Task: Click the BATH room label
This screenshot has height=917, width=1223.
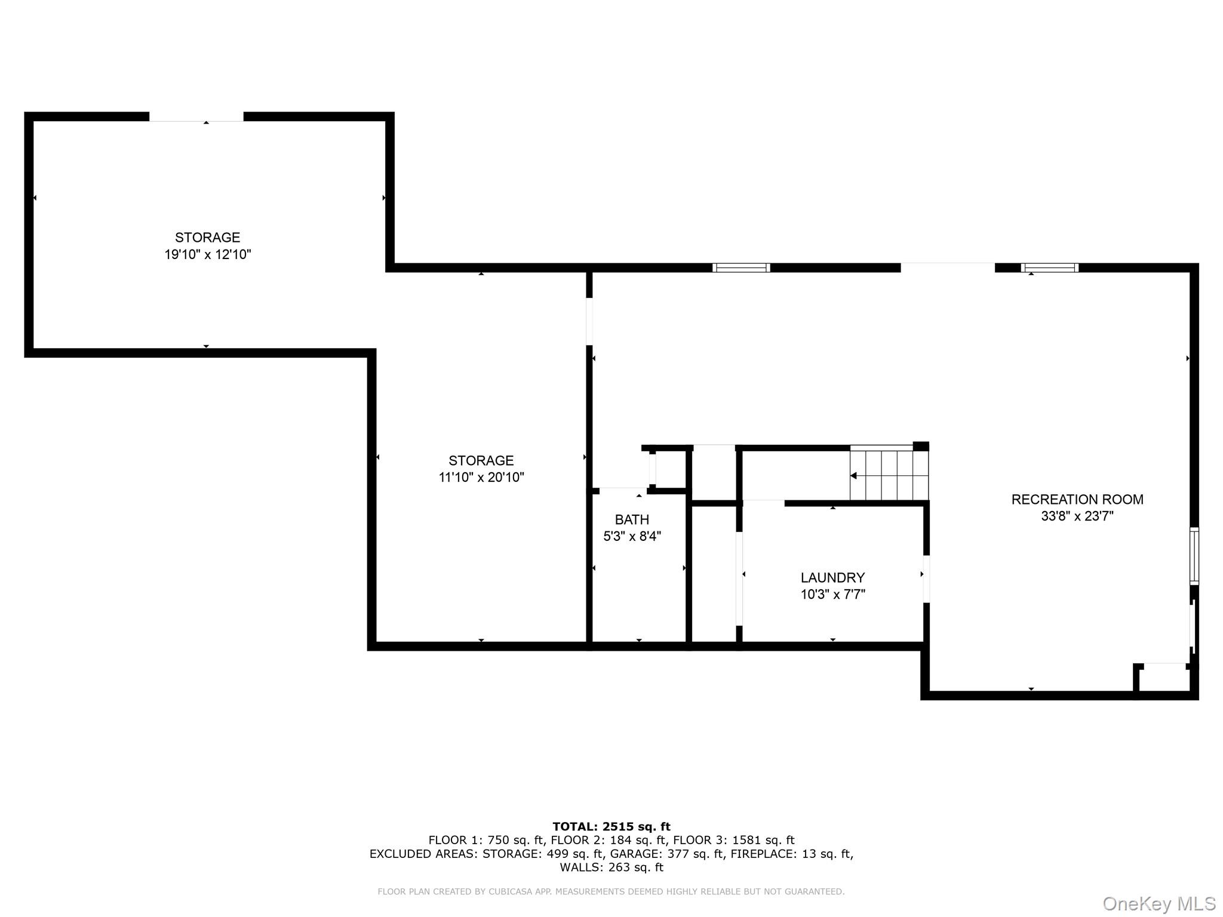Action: pos(632,519)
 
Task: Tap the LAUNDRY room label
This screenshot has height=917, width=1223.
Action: pos(832,577)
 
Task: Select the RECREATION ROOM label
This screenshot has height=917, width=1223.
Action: pos(1077,499)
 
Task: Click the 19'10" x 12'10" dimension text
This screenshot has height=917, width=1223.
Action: pos(208,254)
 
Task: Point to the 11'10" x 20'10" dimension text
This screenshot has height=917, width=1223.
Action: pos(481,477)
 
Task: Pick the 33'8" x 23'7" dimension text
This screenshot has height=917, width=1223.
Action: pos(1077,516)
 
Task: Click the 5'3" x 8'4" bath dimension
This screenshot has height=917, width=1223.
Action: pos(632,536)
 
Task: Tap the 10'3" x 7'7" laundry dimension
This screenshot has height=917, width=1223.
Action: pos(832,594)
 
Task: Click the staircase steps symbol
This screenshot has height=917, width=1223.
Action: pos(889,475)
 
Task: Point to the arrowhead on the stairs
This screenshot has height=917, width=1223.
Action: pos(854,476)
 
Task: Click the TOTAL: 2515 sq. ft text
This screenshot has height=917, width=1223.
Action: pos(611,827)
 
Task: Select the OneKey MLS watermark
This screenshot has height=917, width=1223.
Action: pos(1159,904)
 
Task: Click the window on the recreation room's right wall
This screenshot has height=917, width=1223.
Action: pos(1194,555)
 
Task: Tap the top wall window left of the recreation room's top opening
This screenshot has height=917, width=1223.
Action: pos(741,267)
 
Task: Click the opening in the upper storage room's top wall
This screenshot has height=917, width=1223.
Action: pos(196,117)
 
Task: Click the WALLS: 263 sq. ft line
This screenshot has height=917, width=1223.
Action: pos(611,867)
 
